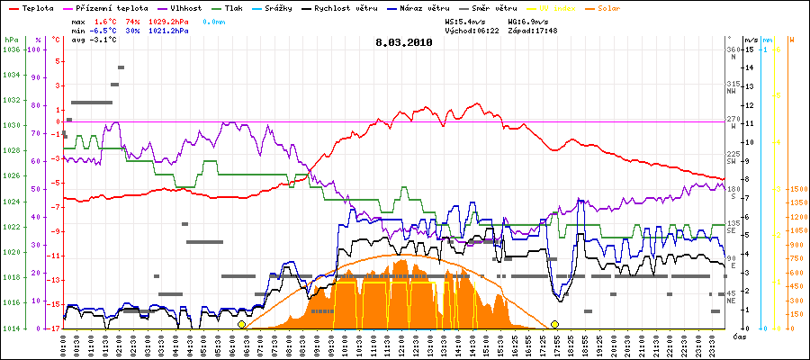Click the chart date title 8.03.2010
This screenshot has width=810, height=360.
pos(403,41)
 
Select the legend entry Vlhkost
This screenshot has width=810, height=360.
pos(186,7)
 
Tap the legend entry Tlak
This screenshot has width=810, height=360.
pos(238,7)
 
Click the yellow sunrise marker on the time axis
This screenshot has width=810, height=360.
pos(241,324)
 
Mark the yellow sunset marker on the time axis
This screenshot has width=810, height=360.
pos(554,324)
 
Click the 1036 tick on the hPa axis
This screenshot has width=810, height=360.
pos(11,50)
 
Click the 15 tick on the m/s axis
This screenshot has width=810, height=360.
pos(749,50)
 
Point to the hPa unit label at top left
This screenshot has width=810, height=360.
pos(10,40)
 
